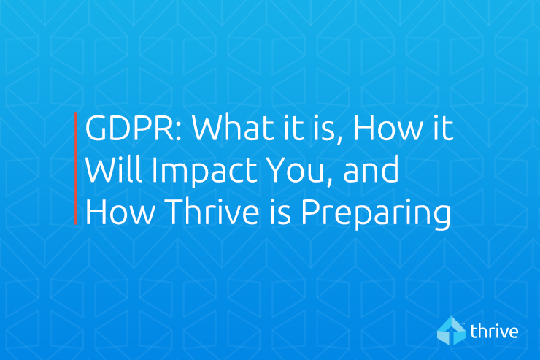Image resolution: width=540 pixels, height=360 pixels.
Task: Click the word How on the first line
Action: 387,128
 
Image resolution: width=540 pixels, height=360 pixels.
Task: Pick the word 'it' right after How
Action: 442,128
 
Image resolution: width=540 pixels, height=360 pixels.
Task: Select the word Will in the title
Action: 114,169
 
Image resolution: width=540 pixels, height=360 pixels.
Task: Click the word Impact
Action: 204,171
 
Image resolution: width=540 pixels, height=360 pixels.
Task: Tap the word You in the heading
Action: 294,170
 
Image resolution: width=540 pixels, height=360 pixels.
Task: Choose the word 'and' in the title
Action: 371,169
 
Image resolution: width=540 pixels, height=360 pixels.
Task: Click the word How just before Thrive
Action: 120,212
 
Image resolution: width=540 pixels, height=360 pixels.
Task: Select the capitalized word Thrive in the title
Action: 213,211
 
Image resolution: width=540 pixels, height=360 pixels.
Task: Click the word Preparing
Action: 376,213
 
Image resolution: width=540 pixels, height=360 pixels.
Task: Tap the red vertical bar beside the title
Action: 75,169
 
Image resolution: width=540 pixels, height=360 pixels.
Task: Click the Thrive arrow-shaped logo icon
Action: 452,331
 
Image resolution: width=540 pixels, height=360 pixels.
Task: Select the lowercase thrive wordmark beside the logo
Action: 494,331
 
